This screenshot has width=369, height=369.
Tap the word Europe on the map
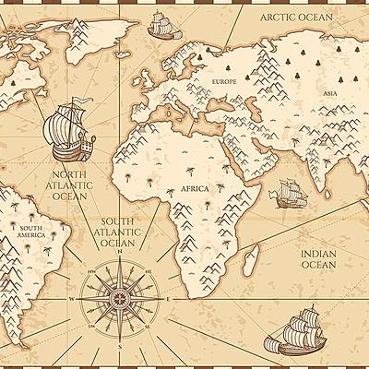(224, 83)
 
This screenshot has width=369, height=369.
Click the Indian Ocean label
(319, 257)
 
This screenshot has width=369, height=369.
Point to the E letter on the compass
(170, 299)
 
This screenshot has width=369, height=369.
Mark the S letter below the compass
(120, 348)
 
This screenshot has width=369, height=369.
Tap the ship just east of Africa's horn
(287, 193)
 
